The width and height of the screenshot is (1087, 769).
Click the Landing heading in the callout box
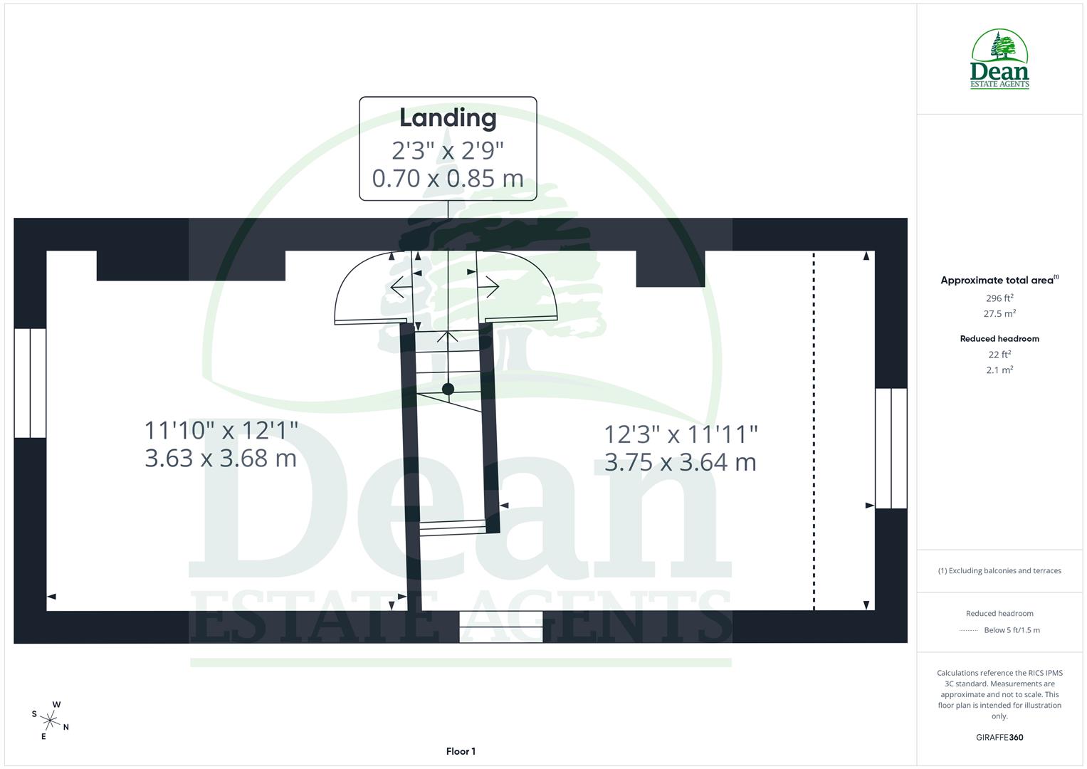pos(447,118)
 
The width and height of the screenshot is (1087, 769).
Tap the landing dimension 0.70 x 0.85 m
pos(447,178)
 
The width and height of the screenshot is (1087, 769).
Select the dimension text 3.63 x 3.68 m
pos(221,458)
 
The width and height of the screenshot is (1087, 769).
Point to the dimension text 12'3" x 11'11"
pos(681,434)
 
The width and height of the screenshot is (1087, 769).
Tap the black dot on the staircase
pos(448,389)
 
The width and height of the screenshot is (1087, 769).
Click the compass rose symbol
pos(51,721)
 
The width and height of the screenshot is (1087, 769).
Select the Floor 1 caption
pos(461,751)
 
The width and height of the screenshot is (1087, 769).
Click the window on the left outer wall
pos(30,383)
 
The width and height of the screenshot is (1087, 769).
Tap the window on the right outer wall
pos(891,448)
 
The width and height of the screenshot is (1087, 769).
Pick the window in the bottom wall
pos(500,627)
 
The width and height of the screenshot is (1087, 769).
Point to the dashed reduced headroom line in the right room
pos(814,431)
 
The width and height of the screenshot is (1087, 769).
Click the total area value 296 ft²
pos(999,298)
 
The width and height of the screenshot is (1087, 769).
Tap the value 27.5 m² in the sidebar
pos(999,314)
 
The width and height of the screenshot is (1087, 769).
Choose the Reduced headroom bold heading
pos(999,339)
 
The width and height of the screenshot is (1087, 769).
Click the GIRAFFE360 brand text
pos(999,738)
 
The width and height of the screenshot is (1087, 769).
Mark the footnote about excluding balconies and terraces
pos(999,570)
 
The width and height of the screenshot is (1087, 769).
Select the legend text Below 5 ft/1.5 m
pos(1012,630)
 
